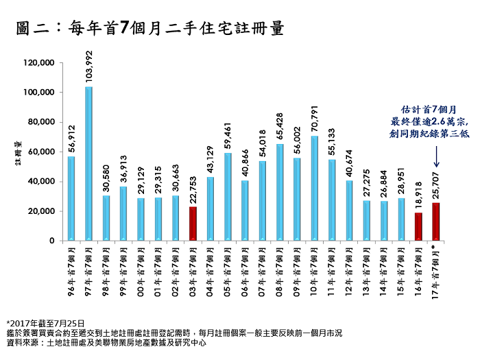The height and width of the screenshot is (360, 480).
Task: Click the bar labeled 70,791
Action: pyautogui.click(x=314, y=188)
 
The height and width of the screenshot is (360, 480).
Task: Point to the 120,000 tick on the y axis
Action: pyautogui.click(x=38, y=62)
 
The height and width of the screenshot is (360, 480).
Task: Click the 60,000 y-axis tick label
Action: pyautogui.click(x=40, y=152)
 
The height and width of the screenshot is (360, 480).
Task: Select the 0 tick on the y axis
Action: pyautogui.click(x=51, y=241)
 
